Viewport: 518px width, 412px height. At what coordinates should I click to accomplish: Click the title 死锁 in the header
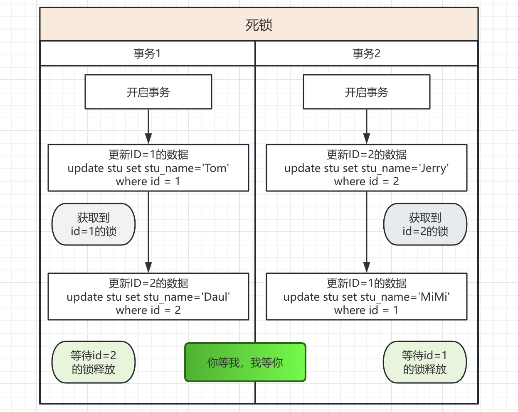point(259,25)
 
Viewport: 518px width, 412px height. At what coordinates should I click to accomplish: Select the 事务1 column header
point(147,54)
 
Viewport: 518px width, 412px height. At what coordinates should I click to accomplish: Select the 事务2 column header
point(366,54)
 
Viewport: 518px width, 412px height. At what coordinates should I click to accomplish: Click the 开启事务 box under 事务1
point(148,92)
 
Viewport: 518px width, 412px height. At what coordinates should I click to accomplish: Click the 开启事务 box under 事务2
point(366,92)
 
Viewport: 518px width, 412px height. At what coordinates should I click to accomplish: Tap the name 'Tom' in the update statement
point(215,168)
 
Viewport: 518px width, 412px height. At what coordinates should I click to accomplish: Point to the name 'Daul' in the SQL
point(215,297)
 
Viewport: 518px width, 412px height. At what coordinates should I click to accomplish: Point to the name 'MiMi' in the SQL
point(434,297)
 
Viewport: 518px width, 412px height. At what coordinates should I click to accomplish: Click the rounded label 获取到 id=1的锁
point(93,224)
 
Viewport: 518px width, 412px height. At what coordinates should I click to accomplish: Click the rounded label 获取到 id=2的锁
point(425,224)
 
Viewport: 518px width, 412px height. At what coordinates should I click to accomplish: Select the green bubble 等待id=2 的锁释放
point(93,362)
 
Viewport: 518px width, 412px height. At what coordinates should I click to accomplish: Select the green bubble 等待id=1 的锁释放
point(424,362)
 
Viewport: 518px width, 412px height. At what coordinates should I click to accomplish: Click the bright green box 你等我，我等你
point(245,362)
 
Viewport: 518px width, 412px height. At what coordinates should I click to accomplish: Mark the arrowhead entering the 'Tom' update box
point(148,139)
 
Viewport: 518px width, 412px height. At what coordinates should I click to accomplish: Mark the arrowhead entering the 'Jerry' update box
point(366,139)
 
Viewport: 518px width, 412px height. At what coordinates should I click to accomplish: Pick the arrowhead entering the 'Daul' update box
point(148,268)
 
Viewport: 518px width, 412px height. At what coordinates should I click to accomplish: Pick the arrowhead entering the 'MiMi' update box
point(366,268)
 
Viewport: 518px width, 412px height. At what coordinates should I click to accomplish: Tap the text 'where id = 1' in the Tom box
point(148,181)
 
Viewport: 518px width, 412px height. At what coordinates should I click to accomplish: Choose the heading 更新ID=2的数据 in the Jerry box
point(366,154)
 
